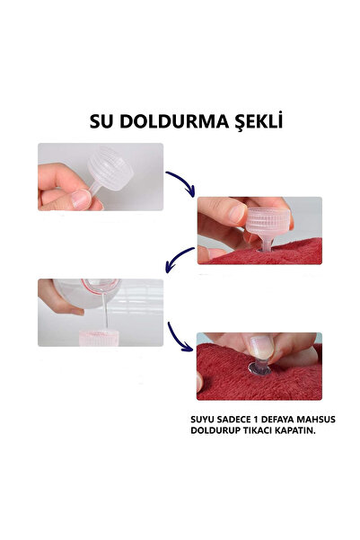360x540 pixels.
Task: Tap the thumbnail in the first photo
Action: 81,199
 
